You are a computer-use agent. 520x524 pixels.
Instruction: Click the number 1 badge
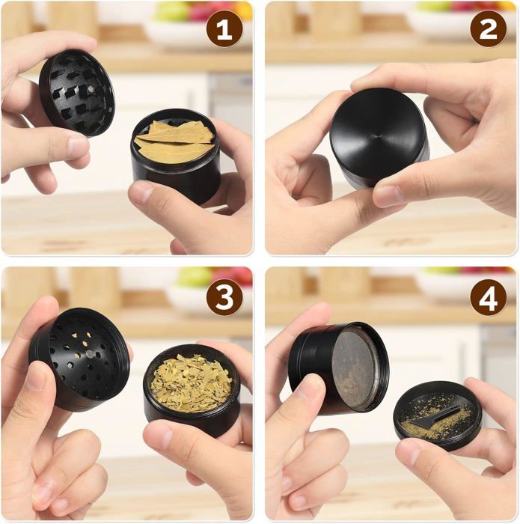(x=224, y=29)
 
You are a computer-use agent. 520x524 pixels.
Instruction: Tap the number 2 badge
(x=488, y=29)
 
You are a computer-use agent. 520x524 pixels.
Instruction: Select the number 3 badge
(x=224, y=296)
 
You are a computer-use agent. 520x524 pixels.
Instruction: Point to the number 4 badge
(x=488, y=296)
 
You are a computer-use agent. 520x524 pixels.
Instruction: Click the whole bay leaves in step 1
(x=174, y=142)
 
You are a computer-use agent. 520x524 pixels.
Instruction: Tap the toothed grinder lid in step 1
(x=77, y=93)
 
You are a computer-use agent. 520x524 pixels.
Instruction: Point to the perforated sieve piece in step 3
(x=80, y=359)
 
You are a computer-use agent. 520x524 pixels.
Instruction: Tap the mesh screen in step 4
(x=354, y=367)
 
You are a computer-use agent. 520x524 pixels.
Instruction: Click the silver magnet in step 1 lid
(x=91, y=89)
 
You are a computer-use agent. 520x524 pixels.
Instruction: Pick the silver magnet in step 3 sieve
(x=90, y=354)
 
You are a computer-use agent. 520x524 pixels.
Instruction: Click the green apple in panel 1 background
(x=171, y=13)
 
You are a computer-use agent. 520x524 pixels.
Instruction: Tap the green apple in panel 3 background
(x=195, y=277)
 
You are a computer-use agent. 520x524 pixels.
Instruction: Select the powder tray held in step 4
(x=438, y=415)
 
